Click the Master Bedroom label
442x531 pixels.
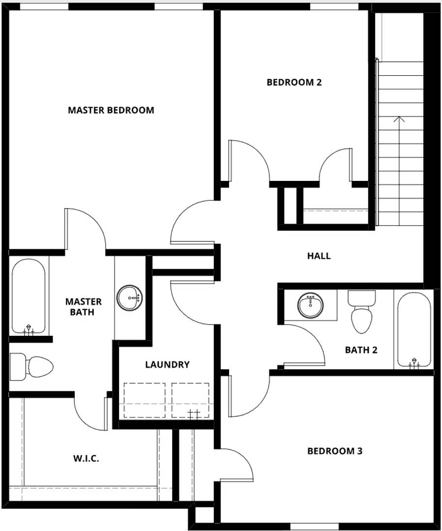[111, 110]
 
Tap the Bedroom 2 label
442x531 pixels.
[294, 82]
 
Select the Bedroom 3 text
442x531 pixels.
[334, 451]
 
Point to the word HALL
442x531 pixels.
[319, 256]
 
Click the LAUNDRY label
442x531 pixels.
[167, 364]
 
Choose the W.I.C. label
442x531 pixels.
[86, 459]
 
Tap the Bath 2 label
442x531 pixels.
[361, 350]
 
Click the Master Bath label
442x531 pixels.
[84, 306]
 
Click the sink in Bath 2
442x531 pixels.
[311, 305]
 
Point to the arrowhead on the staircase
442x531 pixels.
[399, 118]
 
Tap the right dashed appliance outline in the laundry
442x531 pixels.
[190, 400]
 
